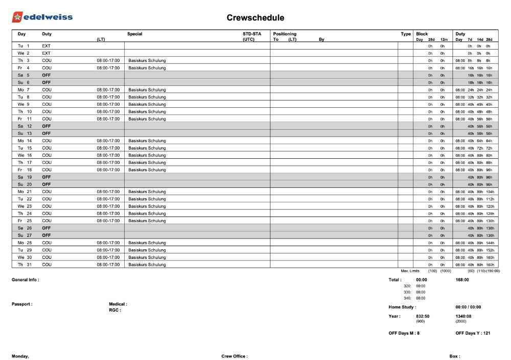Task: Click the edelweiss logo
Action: [42, 17]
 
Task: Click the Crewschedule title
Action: [255, 18]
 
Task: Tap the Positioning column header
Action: [285, 34]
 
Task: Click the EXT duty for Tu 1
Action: [47, 46]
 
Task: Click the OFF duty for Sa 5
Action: [47, 75]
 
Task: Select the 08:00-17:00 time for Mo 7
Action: [108, 90]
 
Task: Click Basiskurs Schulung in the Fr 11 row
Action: [147, 119]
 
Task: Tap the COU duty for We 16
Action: [47, 155]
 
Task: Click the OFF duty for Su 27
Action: [47, 235]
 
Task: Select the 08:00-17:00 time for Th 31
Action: [108, 265]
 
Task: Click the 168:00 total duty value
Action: [462, 280]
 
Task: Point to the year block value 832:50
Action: [423, 316]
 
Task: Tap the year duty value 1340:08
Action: [463, 316]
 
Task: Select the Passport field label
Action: [22, 304]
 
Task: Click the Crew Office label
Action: [234, 356]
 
